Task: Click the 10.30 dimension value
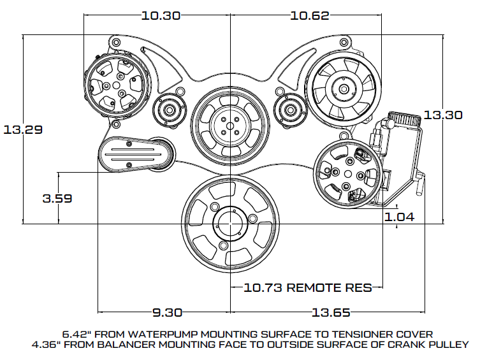click(x=161, y=15)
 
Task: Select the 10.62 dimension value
click(x=310, y=15)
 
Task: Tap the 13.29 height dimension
click(x=23, y=130)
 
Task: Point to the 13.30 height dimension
click(x=442, y=115)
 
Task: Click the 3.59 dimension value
click(x=57, y=198)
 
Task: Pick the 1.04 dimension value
click(x=399, y=217)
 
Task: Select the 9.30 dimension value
click(x=167, y=313)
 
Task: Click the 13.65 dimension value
click(x=331, y=313)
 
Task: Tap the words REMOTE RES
click(x=329, y=287)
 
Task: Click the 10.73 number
click(x=263, y=287)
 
